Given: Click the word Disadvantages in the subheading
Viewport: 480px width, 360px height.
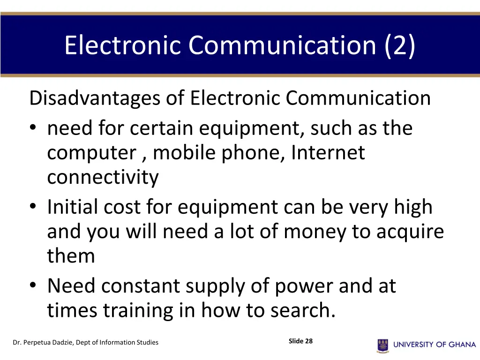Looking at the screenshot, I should pyautogui.click(x=95, y=98).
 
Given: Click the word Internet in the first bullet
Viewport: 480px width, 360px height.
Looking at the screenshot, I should pyautogui.click(x=328, y=153).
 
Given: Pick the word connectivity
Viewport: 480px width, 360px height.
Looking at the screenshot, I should pyautogui.click(x=103, y=178).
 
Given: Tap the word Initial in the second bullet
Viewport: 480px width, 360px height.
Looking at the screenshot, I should pyautogui.click(x=72, y=207).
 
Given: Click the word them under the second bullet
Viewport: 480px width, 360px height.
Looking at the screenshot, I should pyautogui.click(x=71, y=256).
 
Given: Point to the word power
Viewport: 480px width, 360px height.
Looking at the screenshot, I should pyautogui.click(x=304, y=286).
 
